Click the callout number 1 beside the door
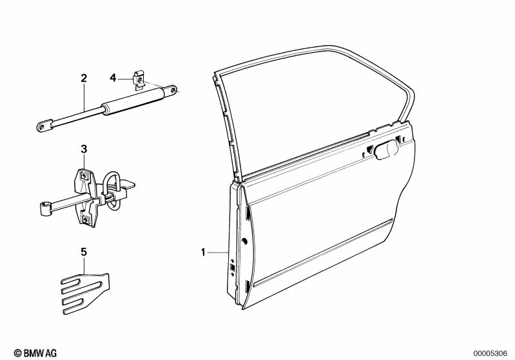click(203, 252)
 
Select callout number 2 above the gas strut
click(84, 78)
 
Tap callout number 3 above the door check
click(84, 149)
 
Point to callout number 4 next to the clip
click(113, 78)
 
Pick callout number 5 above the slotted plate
click(84, 252)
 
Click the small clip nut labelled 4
click(139, 80)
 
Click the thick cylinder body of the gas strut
click(133, 101)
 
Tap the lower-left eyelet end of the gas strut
click(44, 126)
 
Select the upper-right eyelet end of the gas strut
click(170, 90)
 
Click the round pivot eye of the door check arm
click(45, 209)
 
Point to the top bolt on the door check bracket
click(84, 176)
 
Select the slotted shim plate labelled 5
click(86, 293)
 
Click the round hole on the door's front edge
click(244, 242)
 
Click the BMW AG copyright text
click(35, 353)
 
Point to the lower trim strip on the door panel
click(324, 252)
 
